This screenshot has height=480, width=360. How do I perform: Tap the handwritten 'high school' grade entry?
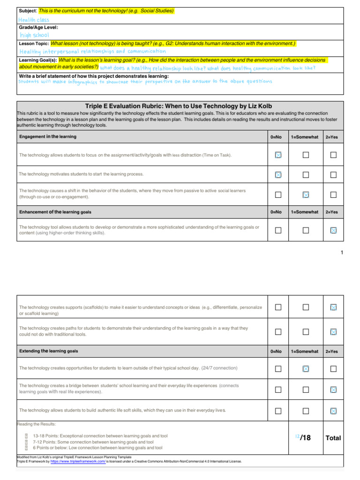(x=34, y=35)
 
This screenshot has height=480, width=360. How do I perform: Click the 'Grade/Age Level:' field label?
(x=38, y=28)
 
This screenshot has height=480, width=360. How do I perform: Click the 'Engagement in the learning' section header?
(x=48, y=137)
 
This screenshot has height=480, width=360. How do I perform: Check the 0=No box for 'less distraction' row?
(x=278, y=155)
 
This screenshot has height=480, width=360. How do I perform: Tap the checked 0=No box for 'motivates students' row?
(x=278, y=175)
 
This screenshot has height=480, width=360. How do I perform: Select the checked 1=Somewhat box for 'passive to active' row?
(x=306, y=195)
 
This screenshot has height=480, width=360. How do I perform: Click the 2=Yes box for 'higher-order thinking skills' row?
(x=333, y=230)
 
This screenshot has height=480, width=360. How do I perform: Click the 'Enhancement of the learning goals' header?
(x=55, y=212)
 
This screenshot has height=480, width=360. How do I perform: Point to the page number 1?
(x=342, y=253)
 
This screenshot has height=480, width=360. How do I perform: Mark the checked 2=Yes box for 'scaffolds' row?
(x=333, y=307)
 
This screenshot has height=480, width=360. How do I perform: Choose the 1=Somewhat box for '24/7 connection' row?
(x=306, y=369)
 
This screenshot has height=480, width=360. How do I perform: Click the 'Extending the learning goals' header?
(x=49, y=351)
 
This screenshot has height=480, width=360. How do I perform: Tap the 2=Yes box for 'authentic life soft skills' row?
(x=333, y=411)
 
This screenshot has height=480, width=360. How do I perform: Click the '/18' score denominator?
(x=305, y=438)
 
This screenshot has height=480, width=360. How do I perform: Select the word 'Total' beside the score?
(x=333, y=438)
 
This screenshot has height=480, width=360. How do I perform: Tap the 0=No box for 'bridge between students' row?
(x=278, y=390)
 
